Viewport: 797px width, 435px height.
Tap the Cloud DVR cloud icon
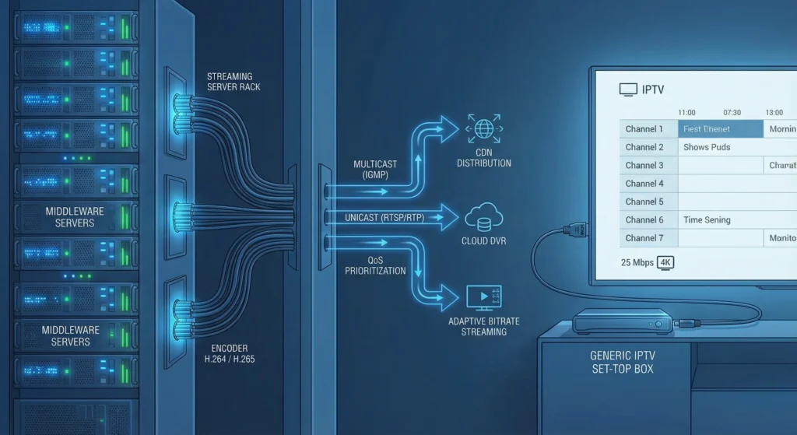pos(484,218)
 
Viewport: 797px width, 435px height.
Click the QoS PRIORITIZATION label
pos(375,265)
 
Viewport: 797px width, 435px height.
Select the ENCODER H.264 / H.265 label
pos(232,355)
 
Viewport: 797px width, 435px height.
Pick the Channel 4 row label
pos(644,184)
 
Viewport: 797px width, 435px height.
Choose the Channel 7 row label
pos(644,238)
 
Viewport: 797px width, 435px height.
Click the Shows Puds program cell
pos(707,147)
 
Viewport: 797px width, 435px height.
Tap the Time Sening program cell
pos(707,220)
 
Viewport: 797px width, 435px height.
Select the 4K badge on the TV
pos(665,262)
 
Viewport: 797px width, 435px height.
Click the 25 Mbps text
pos(637,262)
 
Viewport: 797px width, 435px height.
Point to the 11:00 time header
pos(686,113)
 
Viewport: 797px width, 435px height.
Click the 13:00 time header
pos(774,113)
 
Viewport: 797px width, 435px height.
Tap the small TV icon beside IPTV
pos(627,90)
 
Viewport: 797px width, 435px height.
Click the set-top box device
pos(622,321)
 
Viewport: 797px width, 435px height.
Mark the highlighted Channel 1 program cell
pos(720,129)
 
